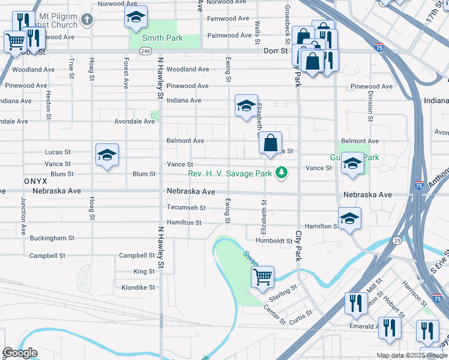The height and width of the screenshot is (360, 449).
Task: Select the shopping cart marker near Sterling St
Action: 262,277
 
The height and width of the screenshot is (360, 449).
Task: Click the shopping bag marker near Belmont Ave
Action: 271,143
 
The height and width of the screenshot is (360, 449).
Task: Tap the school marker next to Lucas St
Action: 107,155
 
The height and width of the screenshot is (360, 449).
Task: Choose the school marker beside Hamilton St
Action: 349,219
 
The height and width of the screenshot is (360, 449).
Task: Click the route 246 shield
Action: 145,52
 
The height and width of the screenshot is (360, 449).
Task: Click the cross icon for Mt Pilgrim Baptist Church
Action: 87,20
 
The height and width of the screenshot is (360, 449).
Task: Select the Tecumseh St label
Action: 186,208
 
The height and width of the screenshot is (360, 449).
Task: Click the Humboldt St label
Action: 273,241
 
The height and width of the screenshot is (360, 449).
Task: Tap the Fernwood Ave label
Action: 228,19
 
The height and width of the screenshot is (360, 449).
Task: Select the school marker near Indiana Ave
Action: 246,106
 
